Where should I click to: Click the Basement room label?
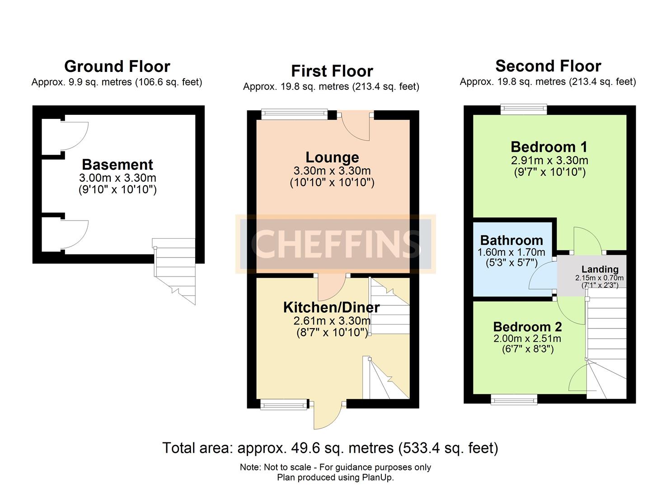point(117,164)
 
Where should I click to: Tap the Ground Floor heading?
point(117,66)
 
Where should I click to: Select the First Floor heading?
point(332,71)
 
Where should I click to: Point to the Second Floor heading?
point(548,66)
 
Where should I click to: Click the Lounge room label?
point(332,157)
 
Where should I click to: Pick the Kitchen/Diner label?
point(331,307)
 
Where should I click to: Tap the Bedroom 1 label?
point(549,147)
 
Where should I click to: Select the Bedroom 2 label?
point(527,327)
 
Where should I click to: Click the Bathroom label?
point(511,240)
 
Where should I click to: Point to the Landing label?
point(600,269)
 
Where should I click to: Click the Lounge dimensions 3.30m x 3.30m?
point(332,171)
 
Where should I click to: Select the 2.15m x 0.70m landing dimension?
point(599,278)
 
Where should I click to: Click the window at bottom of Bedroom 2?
point(514,399)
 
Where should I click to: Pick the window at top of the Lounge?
point(294,113)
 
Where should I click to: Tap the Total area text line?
point(330,448)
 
